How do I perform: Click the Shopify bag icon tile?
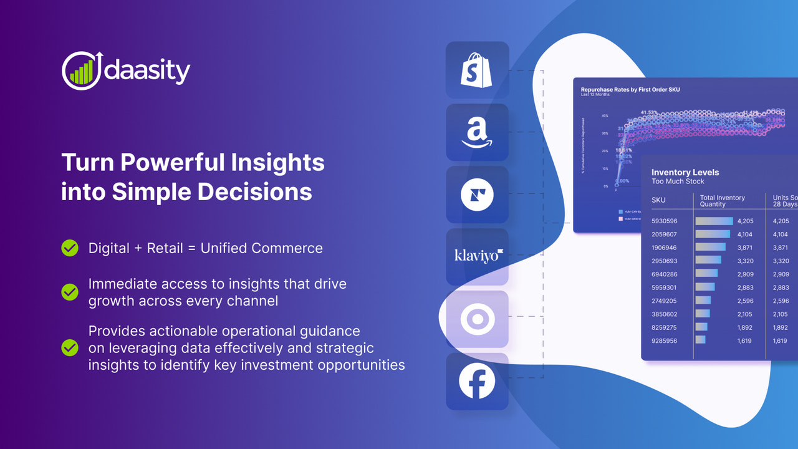[477, 70]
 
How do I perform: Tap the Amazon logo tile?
[477, 133]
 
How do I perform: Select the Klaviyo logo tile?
[477, 256]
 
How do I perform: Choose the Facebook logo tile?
[477, 381]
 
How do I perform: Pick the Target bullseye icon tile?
[477, 319]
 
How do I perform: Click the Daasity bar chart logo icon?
[80, 70]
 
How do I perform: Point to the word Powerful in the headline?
[171, 163]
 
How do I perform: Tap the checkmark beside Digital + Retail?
[70, 248]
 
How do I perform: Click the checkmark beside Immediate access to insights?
[70, 291]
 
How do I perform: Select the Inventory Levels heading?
[685, 172]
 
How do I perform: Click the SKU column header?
[658, 200]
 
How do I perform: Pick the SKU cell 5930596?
[664, 221]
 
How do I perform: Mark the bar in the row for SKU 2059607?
[713, 234]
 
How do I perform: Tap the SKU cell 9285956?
[664, 340]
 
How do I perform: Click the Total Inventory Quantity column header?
[722, 200]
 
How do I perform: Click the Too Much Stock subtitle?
[678, 181]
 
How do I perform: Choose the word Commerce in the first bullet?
[287, 248]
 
